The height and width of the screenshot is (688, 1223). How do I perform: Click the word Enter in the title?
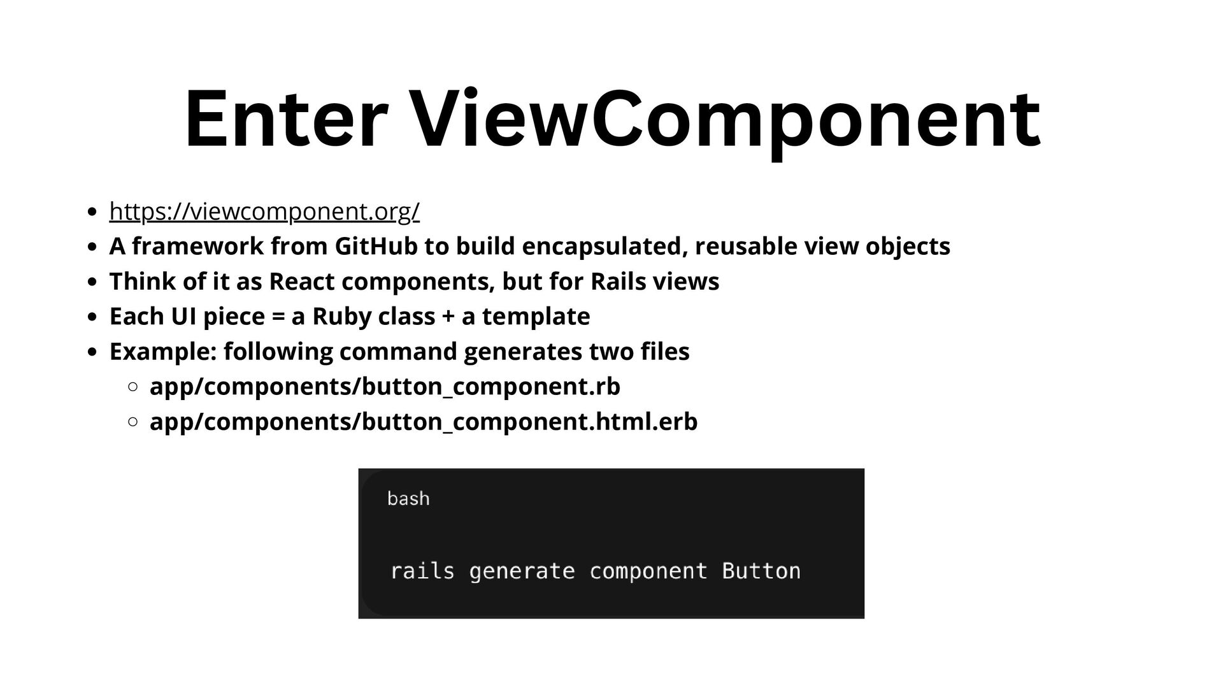pyautogui.click(x=286, y=119)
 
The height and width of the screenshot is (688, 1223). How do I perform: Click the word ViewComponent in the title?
pyautogui.click(x=726, y=119)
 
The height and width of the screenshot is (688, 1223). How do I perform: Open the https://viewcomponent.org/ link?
pyautogui.click(x=264, y=211)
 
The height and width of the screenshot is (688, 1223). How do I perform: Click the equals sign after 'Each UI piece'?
pyautogui.click(x=278, y=317)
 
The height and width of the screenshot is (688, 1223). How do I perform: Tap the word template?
pyautogui.click(x=536, y=317)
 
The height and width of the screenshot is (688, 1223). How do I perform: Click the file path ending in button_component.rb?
pyautogui.click(x=385, y=387)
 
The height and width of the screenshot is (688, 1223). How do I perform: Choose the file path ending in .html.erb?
pyautogui.click(x=424, y=422)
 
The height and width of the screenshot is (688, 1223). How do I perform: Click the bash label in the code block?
pyautogui.click(x=408, y=498)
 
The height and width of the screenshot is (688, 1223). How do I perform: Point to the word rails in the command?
pyautogui.click(x=422, y=571)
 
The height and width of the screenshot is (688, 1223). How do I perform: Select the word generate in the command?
pyautogui.click(x=522, y=571)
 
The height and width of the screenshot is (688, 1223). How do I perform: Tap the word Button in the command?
pyautogui.click(x=761, y=571)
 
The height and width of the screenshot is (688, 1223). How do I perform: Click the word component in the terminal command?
pyautogui.click(x=648, y=571)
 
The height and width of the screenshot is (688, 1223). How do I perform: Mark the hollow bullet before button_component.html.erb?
pyautogui.click(x=133, y=422)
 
